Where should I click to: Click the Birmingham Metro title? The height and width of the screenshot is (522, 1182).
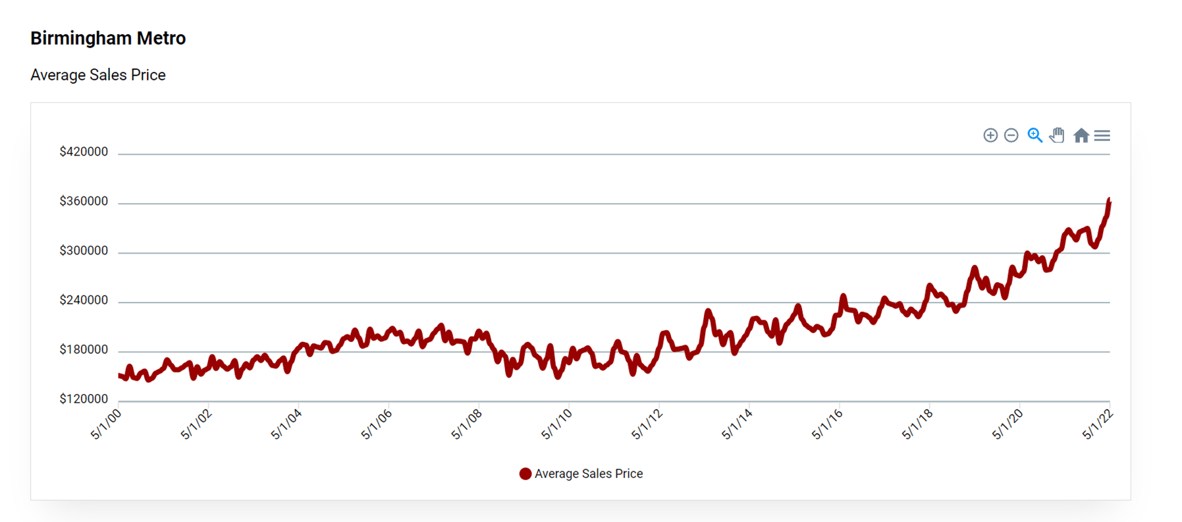(x=108, y=38)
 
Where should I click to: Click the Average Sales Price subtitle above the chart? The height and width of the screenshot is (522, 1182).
(x=98, y=75)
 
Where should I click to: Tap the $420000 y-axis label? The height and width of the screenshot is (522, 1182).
(x=84, y=152)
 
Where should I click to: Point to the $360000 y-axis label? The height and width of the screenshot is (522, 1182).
(x=84, y=201)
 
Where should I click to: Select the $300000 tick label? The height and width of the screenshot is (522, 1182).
(x=84, y=250)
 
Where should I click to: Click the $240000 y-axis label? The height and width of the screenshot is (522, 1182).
(x=84, y=300)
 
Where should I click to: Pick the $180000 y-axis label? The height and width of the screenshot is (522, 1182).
(x=84, y=349)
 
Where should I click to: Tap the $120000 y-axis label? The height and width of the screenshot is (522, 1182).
(x=84, y=399)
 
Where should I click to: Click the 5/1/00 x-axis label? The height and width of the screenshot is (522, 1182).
(x=106, y=424)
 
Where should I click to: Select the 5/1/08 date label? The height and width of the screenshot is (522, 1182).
(x=467, y=424)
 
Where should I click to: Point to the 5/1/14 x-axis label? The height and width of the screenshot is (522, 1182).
(x=737, y=424)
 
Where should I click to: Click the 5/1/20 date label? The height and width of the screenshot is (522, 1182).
(x=1007, y=424)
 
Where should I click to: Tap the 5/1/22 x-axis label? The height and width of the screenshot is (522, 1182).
(x=1098, y=424)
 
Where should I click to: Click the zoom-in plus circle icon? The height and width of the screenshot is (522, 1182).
(x=990, y=135)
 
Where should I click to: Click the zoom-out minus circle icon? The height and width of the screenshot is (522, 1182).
(x=1011, y=135)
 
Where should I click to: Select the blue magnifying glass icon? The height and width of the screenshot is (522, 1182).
(x=1034, y=135)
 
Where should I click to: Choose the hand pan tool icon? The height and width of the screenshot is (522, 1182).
(x=1057, y=135)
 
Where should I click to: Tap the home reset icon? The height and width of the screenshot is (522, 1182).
(x=1081, y=135)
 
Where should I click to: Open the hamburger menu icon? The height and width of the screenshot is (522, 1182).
(x=1102, y=135)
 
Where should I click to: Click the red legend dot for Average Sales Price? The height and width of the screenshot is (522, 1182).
(x=525, y=474)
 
